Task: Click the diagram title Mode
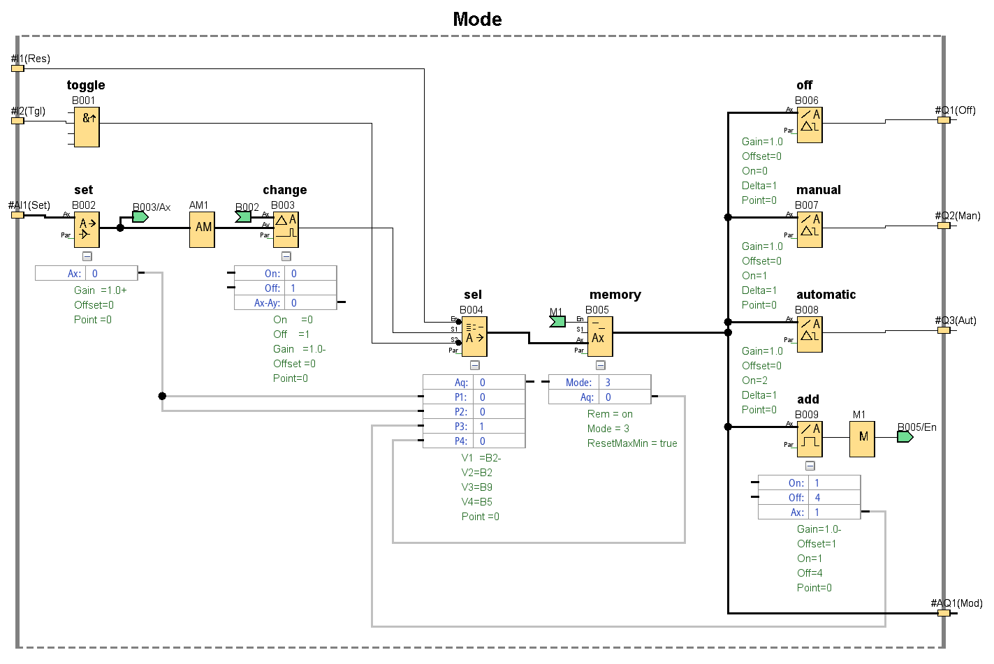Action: pos(477,19)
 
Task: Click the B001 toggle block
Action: pos(87,126)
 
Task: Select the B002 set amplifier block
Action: pos(87,230)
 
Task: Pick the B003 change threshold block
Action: pos(286,230)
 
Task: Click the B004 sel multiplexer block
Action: pos(474,337)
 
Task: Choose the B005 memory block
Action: pos(600,337)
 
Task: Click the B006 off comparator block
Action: pos(810,125)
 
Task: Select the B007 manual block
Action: pos(810,230)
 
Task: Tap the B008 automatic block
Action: pos(810,334)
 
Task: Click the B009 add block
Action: pos(810,439)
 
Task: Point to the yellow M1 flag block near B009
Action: pos(862,439)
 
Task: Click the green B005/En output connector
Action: pos(905,437)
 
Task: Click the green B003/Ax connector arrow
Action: pos(140,217)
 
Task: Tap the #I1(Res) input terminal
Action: pos(17,68)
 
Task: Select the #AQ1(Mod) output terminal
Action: pos(944,613)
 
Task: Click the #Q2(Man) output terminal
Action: pos(944,226)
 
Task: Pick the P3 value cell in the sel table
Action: pos(499,426)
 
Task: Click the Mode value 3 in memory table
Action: pos(624,383)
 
